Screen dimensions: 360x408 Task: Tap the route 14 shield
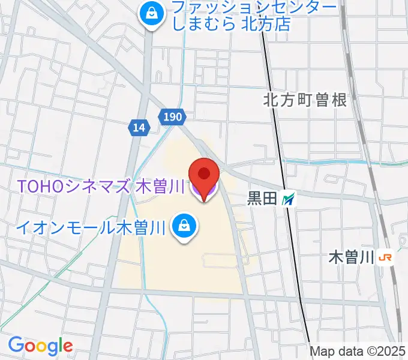pyautogui.click(x=139, y=127)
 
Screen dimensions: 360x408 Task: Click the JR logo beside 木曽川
pyautogui.click(x=385, y=258)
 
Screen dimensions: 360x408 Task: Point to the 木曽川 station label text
pyautogui.click(x=352, y=258)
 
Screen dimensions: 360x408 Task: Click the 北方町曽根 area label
pyautogui.click(x=305, y=100)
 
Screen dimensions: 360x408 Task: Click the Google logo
pyautogui.click(x=40, y=346)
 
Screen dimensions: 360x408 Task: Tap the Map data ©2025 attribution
pyautogui.click(x=358, y=351)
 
